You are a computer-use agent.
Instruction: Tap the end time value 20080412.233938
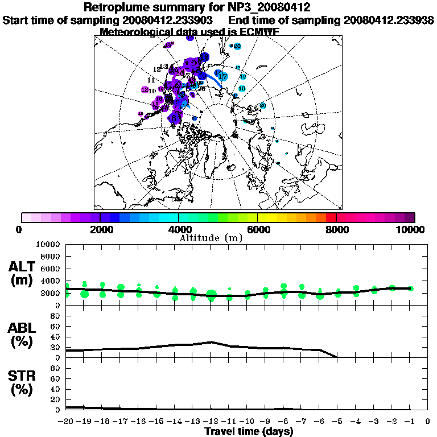[389, 20]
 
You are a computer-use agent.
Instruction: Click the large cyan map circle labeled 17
[222, 76]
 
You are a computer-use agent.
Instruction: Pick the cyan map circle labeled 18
[242, 89]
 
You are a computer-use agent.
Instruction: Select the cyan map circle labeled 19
[243, 77]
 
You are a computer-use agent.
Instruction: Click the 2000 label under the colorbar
[100, 229]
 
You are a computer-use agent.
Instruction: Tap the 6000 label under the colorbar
[258, 229]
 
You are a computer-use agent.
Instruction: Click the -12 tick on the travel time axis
[211, 422]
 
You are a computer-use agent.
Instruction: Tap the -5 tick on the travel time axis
[338, 422]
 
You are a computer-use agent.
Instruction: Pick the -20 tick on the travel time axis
[67, 422]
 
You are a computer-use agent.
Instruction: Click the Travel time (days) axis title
[249, 432]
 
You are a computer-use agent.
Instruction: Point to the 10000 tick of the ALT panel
[48, 244]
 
